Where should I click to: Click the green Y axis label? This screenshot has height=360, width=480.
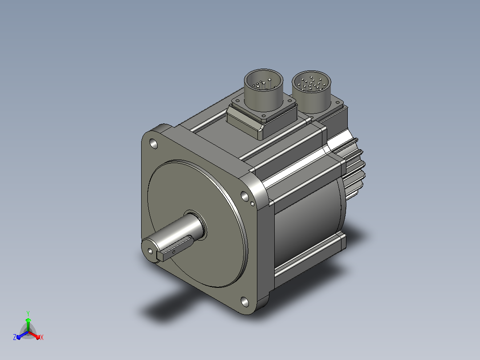point(28,313)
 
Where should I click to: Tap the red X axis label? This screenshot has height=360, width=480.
point(42,337)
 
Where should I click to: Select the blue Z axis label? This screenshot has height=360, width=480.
point(14,337)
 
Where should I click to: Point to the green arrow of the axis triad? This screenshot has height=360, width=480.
point(28,324)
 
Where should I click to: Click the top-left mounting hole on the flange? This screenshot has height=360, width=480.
point(153,143)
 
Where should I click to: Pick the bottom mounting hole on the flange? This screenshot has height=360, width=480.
point(245,302)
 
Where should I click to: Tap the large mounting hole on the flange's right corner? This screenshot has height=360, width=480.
point(244,196)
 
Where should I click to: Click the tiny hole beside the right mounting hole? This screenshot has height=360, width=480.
point(252,203)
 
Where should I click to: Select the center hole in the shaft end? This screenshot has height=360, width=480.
point(151,251)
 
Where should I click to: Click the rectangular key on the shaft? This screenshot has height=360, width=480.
point(175,249)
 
